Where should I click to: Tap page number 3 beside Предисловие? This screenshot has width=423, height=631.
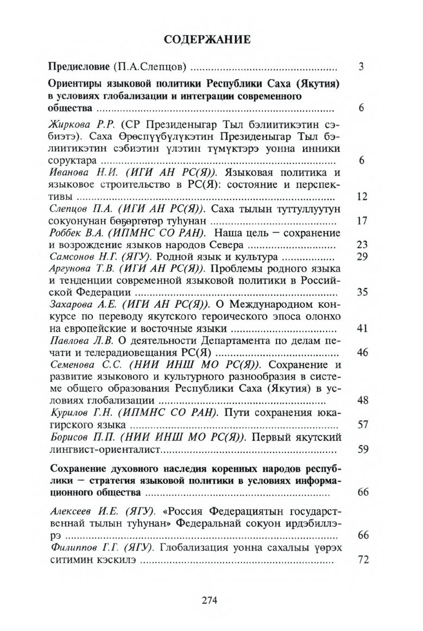(361, 68)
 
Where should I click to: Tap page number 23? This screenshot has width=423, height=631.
(362, 245)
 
